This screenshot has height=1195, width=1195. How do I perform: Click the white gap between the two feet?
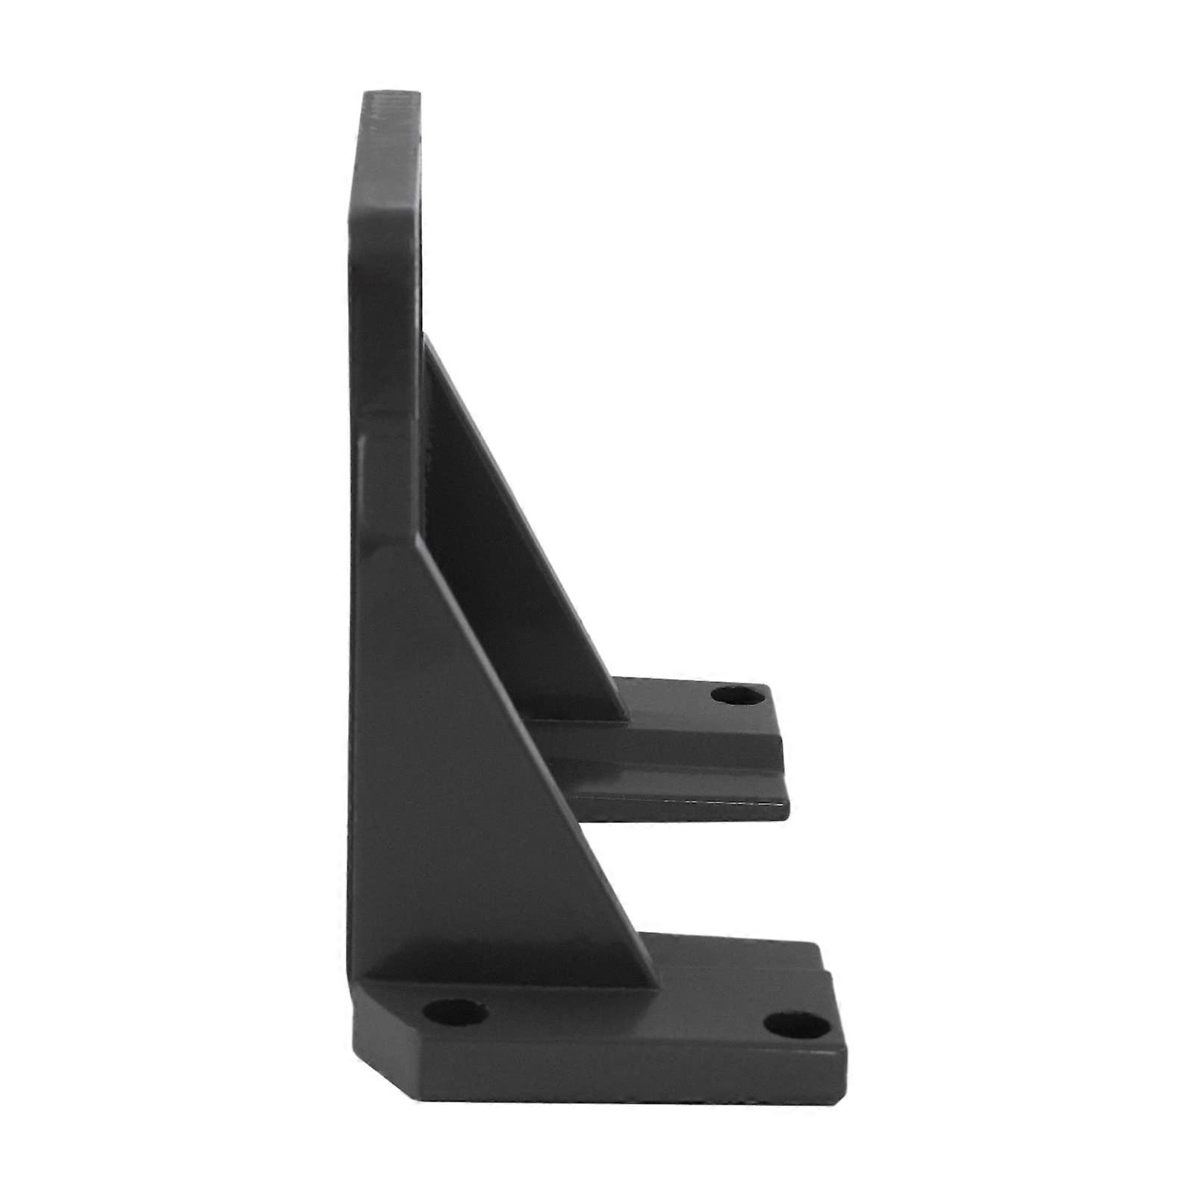(x=710, y=874)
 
